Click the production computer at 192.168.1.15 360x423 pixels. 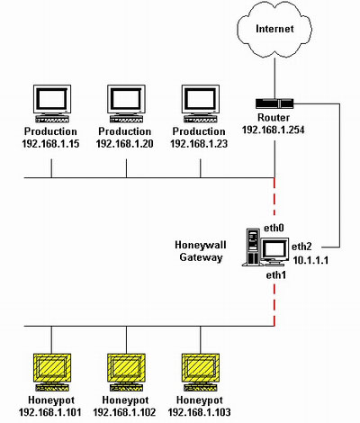pos(51,103)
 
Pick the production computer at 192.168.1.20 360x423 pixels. pos(126,103)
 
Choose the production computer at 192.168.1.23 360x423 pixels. pos(201,103)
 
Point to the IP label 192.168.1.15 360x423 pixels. pos(51,143)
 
